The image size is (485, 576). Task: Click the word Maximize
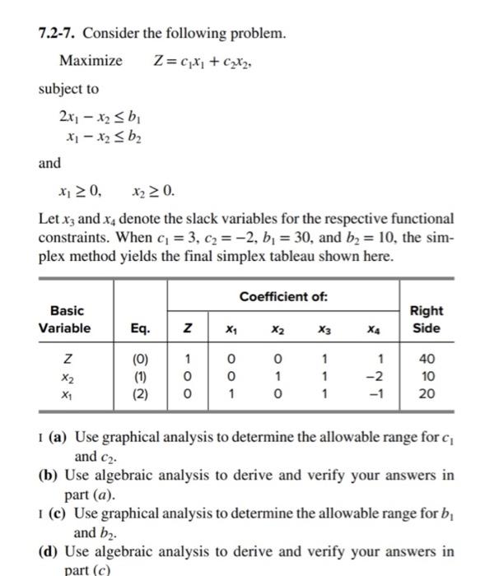point(91,61)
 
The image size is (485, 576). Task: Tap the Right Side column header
point(426,319)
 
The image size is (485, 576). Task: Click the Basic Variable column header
point(67,318)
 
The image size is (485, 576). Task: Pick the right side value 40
point(425,359)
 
